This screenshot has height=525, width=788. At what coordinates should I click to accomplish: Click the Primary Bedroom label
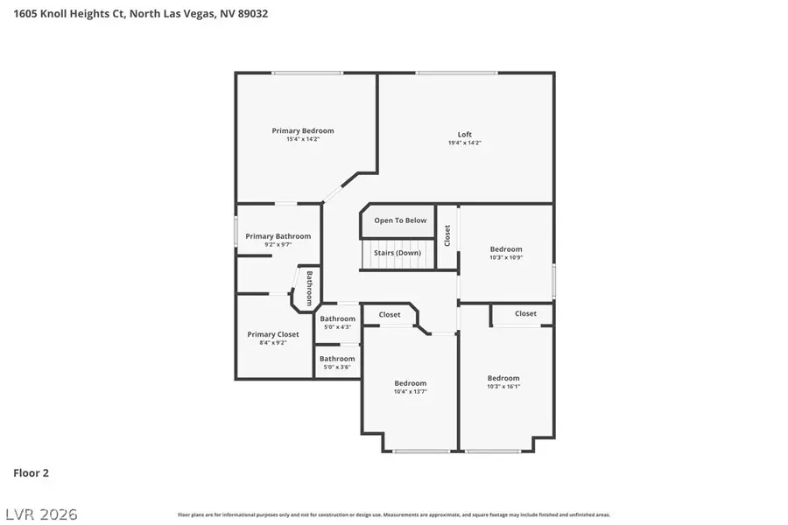click(x=302, y=130)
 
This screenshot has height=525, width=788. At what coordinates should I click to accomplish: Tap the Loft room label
click(x=465, y=135)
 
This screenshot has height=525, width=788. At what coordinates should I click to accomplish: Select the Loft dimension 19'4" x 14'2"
click(x=465, y=143)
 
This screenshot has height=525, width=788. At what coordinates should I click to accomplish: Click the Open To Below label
click(x=400, y=220)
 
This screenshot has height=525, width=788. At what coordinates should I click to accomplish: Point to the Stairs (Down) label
click(x=398, y=253)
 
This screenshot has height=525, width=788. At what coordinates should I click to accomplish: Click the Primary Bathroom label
click(x=278, y=236)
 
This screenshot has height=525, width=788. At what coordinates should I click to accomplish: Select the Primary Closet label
click(x=272, y=334)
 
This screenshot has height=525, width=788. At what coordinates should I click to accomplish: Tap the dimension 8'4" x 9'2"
click(x=272, y=343)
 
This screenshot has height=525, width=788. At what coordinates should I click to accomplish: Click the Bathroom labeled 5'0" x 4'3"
click(x=337, y=318)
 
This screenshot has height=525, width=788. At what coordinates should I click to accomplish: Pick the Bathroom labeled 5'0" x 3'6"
click(x=337, y=359)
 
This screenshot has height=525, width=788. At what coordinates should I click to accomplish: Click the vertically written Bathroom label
click(x=309, y=288)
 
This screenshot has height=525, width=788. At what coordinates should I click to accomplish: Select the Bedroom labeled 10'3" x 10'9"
click(x=505, y=249)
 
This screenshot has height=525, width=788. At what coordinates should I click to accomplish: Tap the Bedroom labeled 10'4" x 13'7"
click(x=410, y=383)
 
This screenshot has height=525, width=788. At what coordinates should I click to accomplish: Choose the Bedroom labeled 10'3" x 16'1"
click(x=503, y=378)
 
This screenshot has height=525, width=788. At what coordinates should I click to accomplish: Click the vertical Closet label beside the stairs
click(x=447, y=235)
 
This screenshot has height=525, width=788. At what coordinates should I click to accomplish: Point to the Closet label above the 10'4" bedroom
click(x=390, y=315)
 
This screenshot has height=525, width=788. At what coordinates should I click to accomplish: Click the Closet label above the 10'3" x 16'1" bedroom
click(x=525, y=313)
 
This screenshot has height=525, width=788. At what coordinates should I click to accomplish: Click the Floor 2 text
click(x=31, y=473)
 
